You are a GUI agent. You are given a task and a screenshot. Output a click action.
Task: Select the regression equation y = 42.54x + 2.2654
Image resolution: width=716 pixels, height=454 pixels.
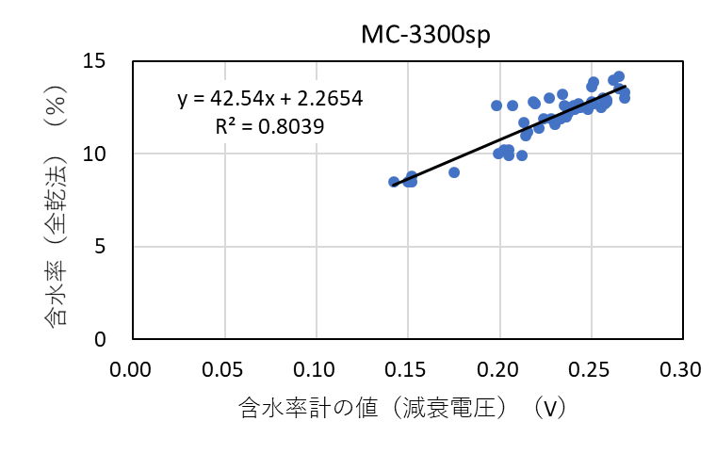tap(270, 97)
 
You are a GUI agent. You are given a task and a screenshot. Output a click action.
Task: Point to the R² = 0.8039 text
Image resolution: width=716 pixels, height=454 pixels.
tap(270, 125)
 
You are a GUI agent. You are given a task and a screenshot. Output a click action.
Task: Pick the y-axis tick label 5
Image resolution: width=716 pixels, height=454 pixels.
tap(109, 247)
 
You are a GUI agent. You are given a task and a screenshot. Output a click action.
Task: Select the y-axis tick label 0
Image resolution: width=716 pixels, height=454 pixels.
tap(109, 339)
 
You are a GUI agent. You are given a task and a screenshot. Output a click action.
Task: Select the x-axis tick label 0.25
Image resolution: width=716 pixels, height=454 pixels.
tap(592, 367)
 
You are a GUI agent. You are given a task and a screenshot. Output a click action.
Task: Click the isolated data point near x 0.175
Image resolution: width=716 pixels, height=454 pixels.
tap(454, 172)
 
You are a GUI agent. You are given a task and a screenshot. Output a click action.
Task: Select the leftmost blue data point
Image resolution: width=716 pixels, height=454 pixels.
tap(394, 182)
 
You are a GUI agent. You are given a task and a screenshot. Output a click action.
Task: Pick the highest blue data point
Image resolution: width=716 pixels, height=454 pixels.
tap(618, 76)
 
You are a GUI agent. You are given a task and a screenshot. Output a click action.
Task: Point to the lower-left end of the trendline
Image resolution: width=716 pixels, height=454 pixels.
tap(393, 186)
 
